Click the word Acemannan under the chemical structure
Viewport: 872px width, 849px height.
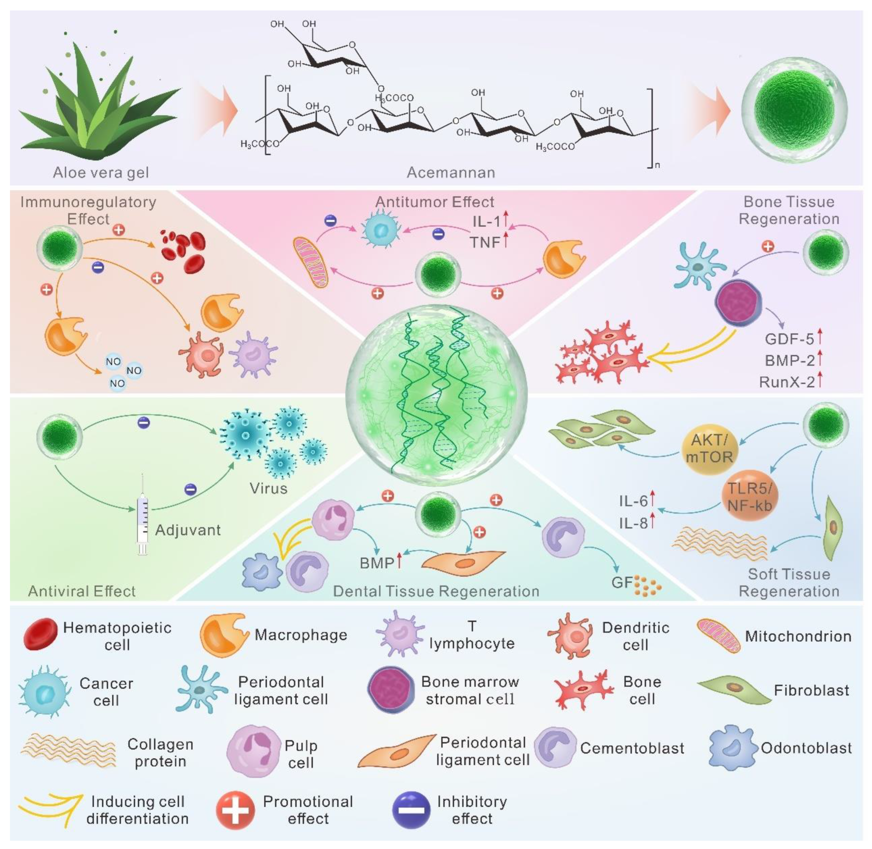pos(451,173)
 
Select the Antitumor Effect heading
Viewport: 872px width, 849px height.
pos(435,202)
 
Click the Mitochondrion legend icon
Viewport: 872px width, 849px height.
pos(718,636)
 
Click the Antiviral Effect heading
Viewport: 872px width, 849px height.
pos(82,591)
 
